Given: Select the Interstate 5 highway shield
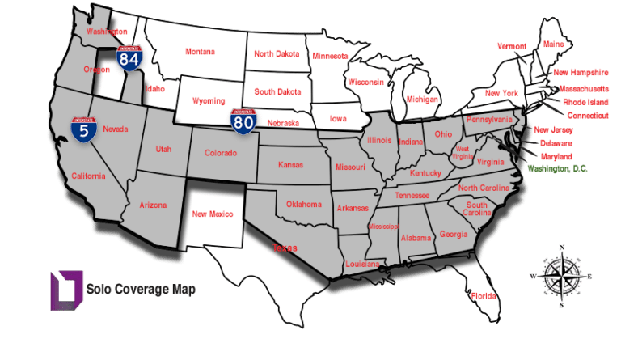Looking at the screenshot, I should (84, 128).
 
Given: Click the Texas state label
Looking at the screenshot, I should (285, 248).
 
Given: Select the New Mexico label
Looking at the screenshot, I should (212, 214).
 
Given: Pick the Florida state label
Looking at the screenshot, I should (484, 295).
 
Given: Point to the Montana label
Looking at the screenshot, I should (200, 52).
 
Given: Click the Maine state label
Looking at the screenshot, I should (554, 44).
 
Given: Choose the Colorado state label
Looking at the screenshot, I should (221, 152).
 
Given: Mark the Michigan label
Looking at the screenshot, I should (422, 100).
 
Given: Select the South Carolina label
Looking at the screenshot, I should (476, 209).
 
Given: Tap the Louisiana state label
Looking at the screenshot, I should (362, 265).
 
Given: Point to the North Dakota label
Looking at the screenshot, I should (277, 54).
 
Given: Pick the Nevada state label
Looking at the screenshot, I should (116, 129).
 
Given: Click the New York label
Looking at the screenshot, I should (501, 94).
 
